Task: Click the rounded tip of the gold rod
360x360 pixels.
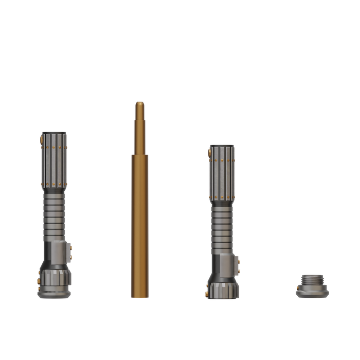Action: (139, 103)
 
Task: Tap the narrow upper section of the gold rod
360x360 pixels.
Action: (139, 129)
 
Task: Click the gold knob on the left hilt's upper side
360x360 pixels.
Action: (41, 139)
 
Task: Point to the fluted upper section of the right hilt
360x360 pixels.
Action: (222, 172)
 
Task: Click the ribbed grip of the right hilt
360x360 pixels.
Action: (222, 226)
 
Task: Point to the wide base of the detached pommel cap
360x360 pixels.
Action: (312, 293)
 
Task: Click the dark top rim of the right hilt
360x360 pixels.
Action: (222, 145)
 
